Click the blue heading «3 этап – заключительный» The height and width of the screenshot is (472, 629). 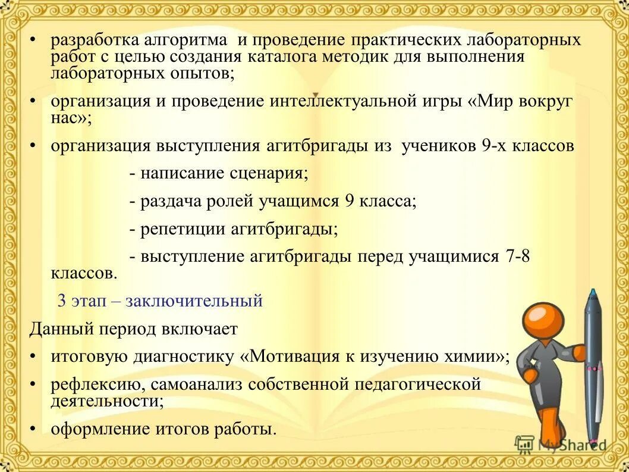[160, 301]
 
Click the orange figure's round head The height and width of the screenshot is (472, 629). [544, 321]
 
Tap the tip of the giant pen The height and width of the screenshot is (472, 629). [592, 292]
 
